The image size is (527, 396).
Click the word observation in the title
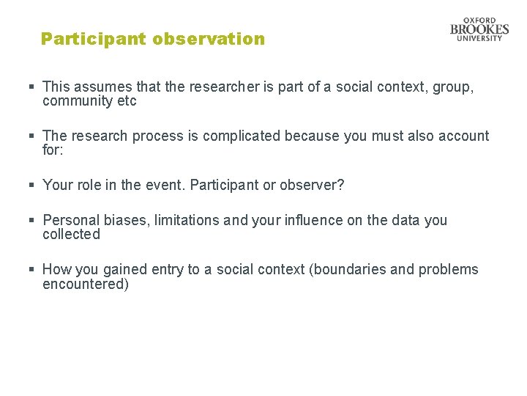point(209,39)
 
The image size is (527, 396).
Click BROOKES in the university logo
point(479,29)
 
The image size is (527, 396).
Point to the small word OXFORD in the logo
point(479,21)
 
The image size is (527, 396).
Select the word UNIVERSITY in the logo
point(479,38)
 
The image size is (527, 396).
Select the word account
point(463,136)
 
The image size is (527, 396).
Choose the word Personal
point(71,220)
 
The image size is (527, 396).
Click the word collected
point(71,234)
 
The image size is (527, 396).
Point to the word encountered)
point(86,284)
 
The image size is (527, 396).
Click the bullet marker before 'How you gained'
point(32,270)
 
